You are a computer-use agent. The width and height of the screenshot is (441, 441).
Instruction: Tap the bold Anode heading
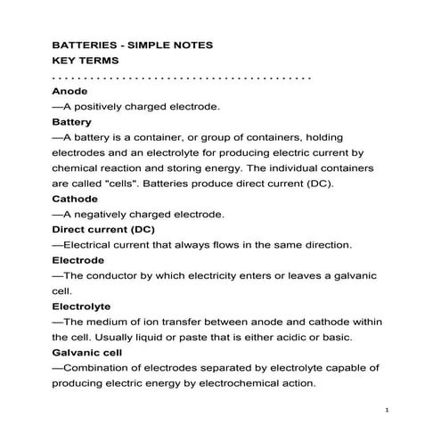tap(70, 92)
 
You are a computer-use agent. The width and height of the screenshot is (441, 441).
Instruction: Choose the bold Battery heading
tap(72, 121)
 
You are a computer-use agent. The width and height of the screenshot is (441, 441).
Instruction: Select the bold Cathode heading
tap(75, 199)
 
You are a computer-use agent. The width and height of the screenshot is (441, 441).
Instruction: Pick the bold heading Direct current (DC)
tap(103, 229)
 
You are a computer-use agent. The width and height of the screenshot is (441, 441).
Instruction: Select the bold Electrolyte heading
tap(81, 306)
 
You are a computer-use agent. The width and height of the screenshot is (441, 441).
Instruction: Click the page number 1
tap(388, 410)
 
